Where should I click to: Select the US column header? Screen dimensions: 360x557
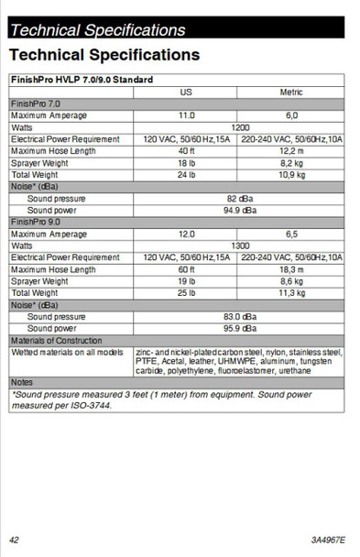pyautogui.click(x=186, y=93)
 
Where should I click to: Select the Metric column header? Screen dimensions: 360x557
pyautogui.click(x=291, y=93)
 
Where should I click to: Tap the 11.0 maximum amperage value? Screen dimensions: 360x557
pyautogui.click(x=186, y=115)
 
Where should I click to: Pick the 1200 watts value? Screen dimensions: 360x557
pyautogui.click(x=240, y=127)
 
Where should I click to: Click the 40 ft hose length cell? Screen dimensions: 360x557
pyautogui.click(x=186, y=150)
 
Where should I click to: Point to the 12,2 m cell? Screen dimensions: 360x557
pyautogui.click(x=291, y=150)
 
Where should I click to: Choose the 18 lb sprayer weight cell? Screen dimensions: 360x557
pyautogui.click(x=186, y=162)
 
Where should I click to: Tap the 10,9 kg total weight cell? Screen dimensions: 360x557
pyautogui.click(x=291, y=174)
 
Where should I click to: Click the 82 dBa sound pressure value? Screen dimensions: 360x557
pyautogui.click(x=240, y=198)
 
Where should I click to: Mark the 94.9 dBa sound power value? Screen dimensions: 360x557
pyautogui.click(x=240, y=210)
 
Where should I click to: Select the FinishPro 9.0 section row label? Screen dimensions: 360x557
pyautogui.click(x=36, y=222)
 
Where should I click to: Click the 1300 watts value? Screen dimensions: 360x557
pyautogui.click(x=240, y=246)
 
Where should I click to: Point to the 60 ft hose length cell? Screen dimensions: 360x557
pyautogui.click(x=186, y=269)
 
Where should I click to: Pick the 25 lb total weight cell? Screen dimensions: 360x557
pyautogui.click(x=186, y=293)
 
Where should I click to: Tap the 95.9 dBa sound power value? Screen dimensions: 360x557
pyautogui.click(x=240, y=328)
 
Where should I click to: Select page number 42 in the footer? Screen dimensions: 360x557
pyautogui.click(x=15, y=540)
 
